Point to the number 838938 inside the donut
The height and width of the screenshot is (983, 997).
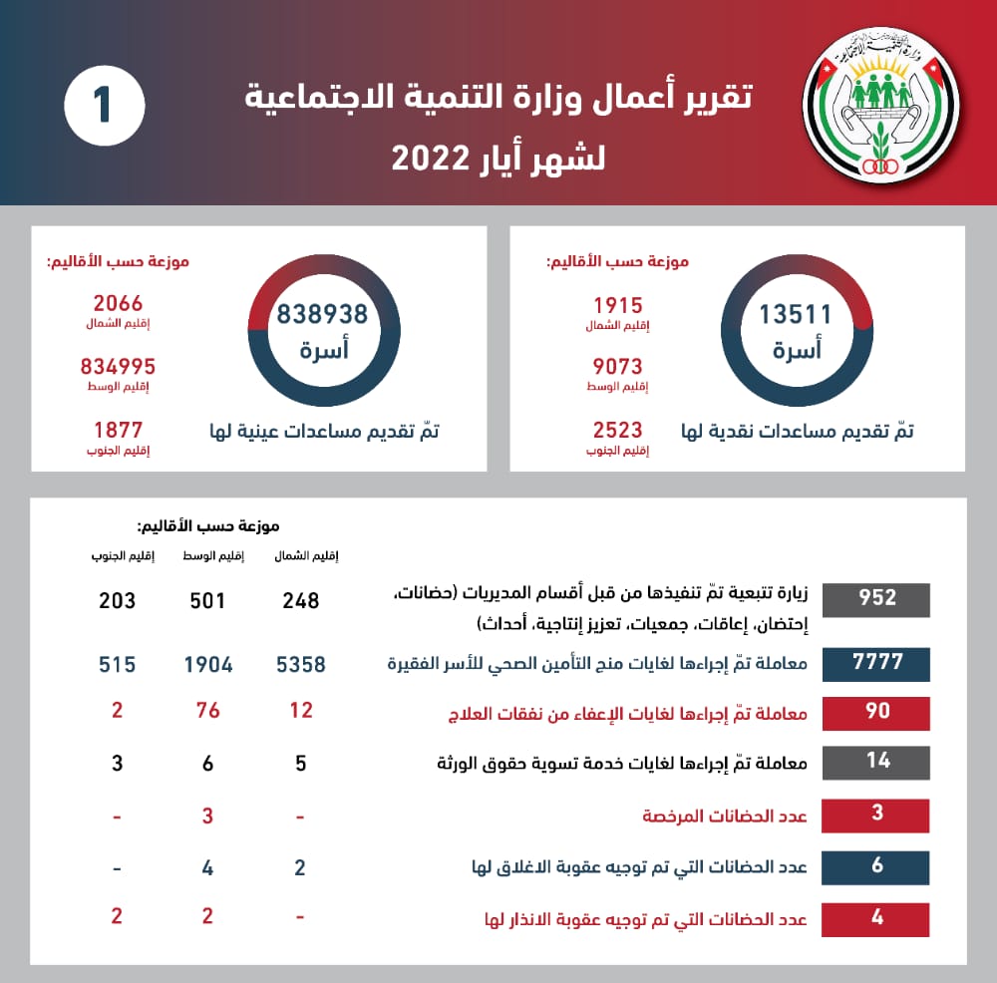pyautogui.click(x=322, y=314)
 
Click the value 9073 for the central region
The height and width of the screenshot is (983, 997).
pyautogui.click(x=617, y=367)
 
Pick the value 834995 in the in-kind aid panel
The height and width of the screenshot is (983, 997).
pyautogui.click(x=118, y=367)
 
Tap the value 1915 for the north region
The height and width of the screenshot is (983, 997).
pyautogui.click(x=617, y=306)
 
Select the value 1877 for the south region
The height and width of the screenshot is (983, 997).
pyautogui.click(x=118, y=430)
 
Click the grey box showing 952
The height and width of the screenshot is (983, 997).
pyautogui.click(x=877, y=599)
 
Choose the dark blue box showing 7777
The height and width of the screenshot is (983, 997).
pyautogui.click(x=877, y=664)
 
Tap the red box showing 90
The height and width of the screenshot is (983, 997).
pyautogui.click(x=877, y=712)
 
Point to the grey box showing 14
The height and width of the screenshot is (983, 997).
pyautogui.click(x=877, y=762)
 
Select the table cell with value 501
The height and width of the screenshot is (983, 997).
pyautogui.click(x=207, y=601)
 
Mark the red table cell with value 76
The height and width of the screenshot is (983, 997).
pyautogui.click(x=207, y=711)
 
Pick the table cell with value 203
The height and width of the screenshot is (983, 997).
pyautogui.click(x=117, y=601)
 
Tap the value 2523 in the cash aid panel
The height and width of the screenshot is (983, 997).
pyautogui.click(x=617, y=430)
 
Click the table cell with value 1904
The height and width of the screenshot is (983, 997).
pyautogui.click(x=207, y=664)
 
